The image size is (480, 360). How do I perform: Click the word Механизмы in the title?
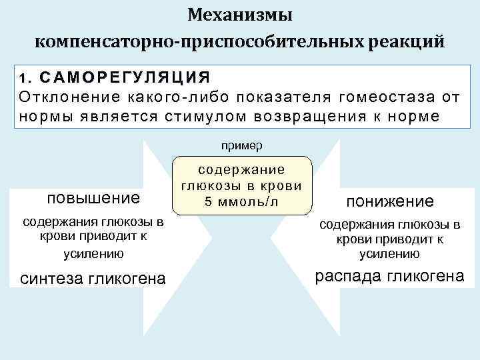click(240, 15)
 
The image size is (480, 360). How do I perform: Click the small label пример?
click(240, 144)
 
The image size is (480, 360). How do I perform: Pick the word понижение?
click(389, 201)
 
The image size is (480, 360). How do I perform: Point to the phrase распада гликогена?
click(389, 275)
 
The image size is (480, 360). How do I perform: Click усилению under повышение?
click(93, 253)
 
